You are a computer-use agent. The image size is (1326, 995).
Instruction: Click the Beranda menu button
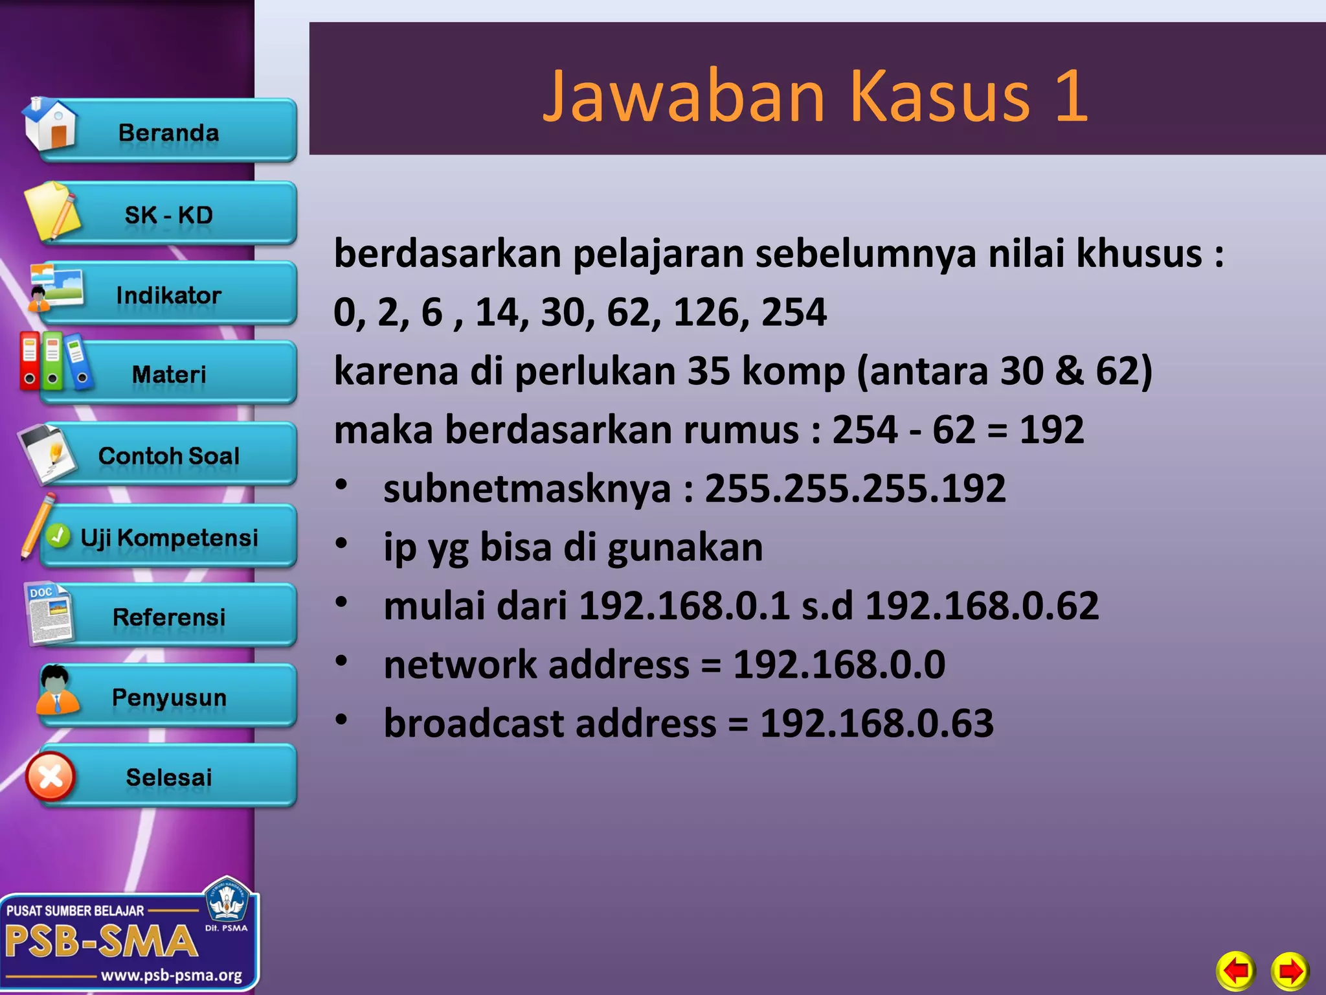click(x=169, y=133)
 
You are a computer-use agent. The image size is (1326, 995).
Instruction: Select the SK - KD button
click(x=169, y=215)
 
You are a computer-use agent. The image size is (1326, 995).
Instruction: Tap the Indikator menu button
click(x=169, y=295)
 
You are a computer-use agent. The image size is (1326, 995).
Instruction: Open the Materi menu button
click(x=169, y=374)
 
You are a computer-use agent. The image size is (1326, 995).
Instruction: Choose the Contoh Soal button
click(x=169, y=456)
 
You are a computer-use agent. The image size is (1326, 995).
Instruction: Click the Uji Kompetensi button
click(x=169, y=538)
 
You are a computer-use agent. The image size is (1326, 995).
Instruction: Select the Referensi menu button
click(x=169, y=617)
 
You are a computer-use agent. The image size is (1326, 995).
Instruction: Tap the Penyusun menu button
click(x=169, y=698)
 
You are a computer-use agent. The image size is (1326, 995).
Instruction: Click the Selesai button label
click(x=169, y=777)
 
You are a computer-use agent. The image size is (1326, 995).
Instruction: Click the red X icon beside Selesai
click(x=51, y=777)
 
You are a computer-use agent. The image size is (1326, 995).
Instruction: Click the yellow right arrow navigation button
click(x=1290, y=970)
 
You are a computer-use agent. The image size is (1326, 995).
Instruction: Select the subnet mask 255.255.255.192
click(x=855, y=488)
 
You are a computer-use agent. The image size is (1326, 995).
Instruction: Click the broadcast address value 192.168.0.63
click(x=877, y=723)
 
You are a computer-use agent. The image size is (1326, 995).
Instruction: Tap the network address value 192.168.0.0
click(x=839, y=665)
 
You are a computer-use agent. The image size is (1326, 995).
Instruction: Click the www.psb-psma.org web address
click(x=172, y=976)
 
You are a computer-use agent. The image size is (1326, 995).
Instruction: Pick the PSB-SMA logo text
click(x=101, y=941)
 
